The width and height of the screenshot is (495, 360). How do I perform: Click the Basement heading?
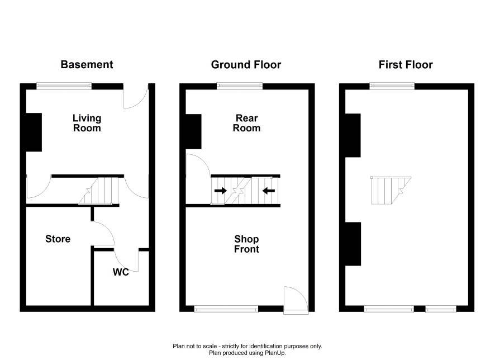[87, 64]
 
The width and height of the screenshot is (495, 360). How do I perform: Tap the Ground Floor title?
[246, 65]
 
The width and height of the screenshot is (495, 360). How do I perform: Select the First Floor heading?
[406, 65]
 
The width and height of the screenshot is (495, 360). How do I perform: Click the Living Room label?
[87, 123]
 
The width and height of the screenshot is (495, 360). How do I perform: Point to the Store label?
[58, 239]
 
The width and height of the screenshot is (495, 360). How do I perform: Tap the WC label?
[121, 272]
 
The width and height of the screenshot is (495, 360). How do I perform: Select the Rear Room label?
[246, 123]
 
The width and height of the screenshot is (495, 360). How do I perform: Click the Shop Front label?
[246, 244]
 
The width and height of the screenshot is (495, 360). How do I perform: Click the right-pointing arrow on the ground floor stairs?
[220, 191]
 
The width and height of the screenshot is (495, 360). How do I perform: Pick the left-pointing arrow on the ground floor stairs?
[269, 191]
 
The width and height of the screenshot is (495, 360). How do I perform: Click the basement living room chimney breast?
[34, 132]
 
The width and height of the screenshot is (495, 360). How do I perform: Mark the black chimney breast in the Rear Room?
[193, 131]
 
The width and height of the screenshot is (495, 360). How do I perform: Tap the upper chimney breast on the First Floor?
[353, 135]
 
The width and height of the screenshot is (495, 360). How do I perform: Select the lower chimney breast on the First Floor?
[353, 244]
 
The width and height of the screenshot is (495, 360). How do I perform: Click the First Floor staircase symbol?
[391, 191]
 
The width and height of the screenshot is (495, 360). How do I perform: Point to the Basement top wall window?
[64, 86]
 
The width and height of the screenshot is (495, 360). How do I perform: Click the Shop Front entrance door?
[296, 300]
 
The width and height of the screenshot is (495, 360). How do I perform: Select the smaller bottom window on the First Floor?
[441, 309]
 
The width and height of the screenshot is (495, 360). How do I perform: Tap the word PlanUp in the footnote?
[275, 353]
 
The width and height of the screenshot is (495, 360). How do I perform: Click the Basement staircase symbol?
[99, 191]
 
